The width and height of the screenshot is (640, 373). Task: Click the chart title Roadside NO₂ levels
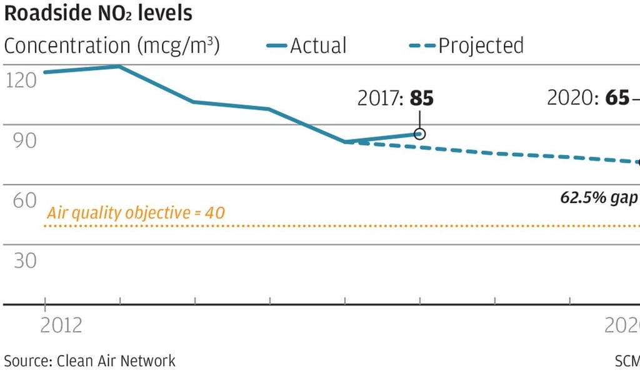click(99, 13)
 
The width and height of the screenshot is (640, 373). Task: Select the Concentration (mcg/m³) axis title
click(112, 46)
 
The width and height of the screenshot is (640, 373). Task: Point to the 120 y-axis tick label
click(21, 81)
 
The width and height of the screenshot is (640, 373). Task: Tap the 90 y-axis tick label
click(21, 140)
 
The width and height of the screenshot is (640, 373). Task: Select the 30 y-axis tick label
click(21, 260)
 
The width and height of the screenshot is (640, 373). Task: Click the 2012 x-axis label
click(61, 326)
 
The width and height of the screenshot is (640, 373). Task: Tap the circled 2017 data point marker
click(419, 134)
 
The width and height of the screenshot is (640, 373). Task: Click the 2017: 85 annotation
click(395, 98)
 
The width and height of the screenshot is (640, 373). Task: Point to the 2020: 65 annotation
click(587, 98)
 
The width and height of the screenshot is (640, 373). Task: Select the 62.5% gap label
click(599, 198)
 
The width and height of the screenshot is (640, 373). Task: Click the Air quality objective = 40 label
click(136, 213)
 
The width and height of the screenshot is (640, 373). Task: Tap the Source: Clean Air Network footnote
click(90, 361)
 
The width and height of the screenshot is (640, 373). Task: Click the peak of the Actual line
click(119, 66)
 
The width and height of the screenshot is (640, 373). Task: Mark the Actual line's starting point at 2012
click(44, 72)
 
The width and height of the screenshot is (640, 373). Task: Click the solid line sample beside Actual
click(277, 46)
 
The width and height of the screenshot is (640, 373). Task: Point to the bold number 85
click(421, 98)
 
